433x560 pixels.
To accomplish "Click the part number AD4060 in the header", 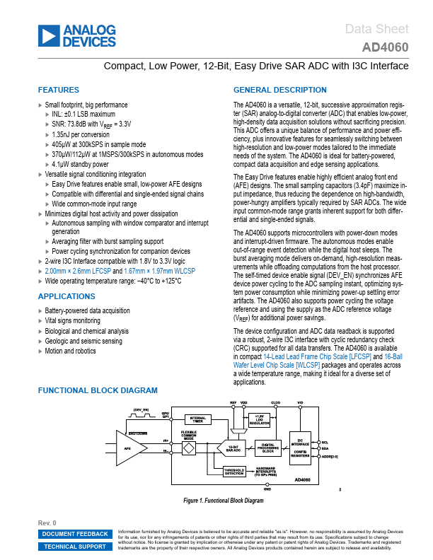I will pos(385,48).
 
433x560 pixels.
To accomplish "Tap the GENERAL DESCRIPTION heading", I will pos(280,91).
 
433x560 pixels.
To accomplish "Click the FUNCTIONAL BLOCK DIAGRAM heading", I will pos(98,390).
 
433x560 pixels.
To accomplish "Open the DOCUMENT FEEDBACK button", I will pos(75,534).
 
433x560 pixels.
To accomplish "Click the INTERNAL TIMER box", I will pos(197,420).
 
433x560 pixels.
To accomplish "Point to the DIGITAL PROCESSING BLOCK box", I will pos(267,447).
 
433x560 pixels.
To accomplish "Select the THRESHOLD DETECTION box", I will pos(234,472).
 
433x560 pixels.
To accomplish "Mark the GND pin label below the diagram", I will pos(267,489).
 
